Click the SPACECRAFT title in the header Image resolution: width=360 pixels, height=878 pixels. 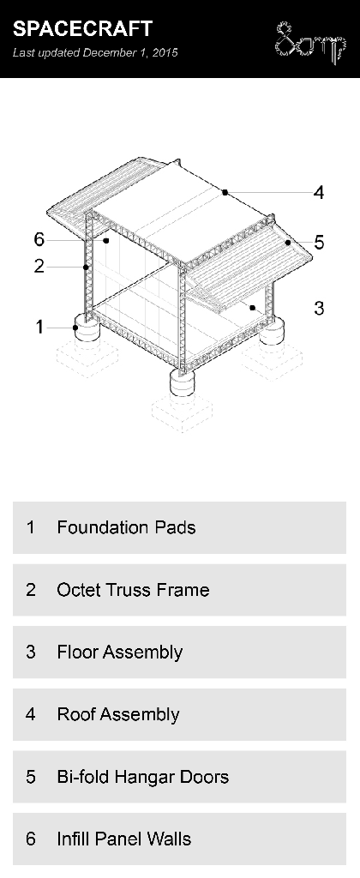pyautogui.click(x=82, y=29)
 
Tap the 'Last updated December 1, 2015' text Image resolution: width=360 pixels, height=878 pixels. pyautogui.click(x=95, y=53)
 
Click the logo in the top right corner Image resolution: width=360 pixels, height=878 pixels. pyautogui.click(x=309, y=41)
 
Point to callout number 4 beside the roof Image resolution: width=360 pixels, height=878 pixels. pyautogui.click(x=319, y=193)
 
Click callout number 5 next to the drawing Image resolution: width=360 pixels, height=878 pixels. pyautogui.click(x=319, y=243)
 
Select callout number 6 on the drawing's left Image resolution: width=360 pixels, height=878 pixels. pyautogui.click(x=39, y=240)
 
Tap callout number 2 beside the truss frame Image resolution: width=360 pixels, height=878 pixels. pyautogui.click(x=39, y=266)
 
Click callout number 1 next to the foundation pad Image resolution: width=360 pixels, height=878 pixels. pyautogui.click(x=39, y=326)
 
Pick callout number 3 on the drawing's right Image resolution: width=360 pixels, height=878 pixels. pyautogui.click(x=319, y=308)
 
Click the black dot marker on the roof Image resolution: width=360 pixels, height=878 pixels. pyautogui.click(x=225, y=193)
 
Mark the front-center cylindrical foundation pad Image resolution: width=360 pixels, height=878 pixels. pyautogui.click(x=183, y=382)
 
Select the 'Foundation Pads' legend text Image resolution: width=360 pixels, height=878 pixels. pyautogui.click(x=126, y=527)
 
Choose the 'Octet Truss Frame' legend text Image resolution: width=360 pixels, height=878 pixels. pyautogui.click(x=133, y=590)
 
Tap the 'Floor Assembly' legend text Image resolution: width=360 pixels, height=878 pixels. pyautogui.click(x=119, y=652)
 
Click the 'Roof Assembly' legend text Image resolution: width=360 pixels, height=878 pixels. pyautogui.click(x=117, y=714)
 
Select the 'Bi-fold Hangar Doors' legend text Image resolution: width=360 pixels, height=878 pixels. pyautogui.click(x=142, y=777)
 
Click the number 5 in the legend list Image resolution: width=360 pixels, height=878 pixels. pyautogui.click(x=31, y=777)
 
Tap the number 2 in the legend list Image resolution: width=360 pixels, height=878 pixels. pyautogui.click(x=31, y=590)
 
